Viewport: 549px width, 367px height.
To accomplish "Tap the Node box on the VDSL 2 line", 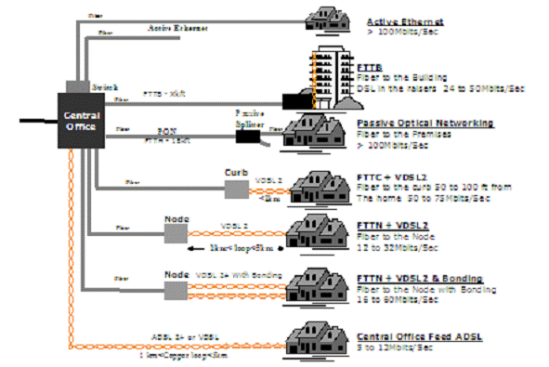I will coord(176,233).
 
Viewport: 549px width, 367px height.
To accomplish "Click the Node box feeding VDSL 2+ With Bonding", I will coord(176,288).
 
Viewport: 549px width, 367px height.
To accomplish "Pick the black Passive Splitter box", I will coord(247,135).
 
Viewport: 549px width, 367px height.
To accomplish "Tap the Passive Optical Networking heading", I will coord(425,123).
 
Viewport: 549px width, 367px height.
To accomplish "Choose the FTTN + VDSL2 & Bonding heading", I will coord(417,278).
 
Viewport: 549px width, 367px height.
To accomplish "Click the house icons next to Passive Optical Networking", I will coord(316,130).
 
